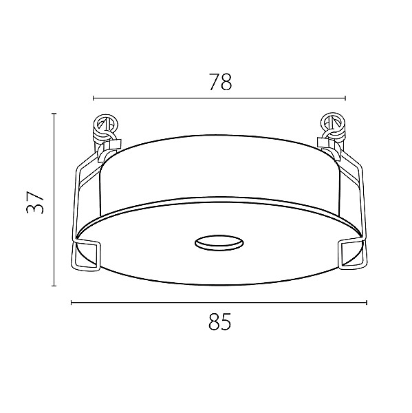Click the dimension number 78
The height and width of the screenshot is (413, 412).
click(x=220, y=82)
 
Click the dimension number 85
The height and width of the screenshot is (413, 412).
click(x=220, y=321)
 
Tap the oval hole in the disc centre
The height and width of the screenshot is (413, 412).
click(x=219, y=243)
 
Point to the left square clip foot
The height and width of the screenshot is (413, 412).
click(x=86, y=255)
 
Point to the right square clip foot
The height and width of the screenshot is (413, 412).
click(x=352, y=253)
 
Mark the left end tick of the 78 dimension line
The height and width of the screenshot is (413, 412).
click(x=94, y=98)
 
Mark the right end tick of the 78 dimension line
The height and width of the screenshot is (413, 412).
click(x=345, y=98)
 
